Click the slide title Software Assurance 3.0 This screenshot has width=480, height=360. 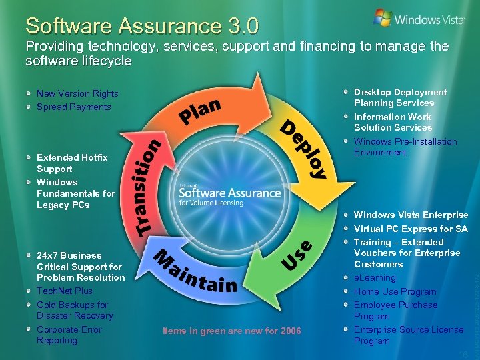[142, 26]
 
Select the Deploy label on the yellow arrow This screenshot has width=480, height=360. [303, 149]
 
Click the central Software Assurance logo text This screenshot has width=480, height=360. [229, 193]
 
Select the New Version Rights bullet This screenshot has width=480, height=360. [77, 94]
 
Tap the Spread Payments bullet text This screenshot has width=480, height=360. [73, 107]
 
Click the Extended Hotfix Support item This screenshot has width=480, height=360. [72, 163]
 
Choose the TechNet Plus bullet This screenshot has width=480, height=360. [65, 291]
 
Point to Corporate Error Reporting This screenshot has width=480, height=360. [69, 335]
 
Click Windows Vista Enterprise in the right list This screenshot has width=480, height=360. [411, 215]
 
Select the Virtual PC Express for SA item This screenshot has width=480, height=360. [410, 229]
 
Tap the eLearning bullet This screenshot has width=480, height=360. [375, 278]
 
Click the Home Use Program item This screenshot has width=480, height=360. [395, 291]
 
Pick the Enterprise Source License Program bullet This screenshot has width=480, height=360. [408, 335]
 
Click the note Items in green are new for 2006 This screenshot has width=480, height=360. [231, 331]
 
